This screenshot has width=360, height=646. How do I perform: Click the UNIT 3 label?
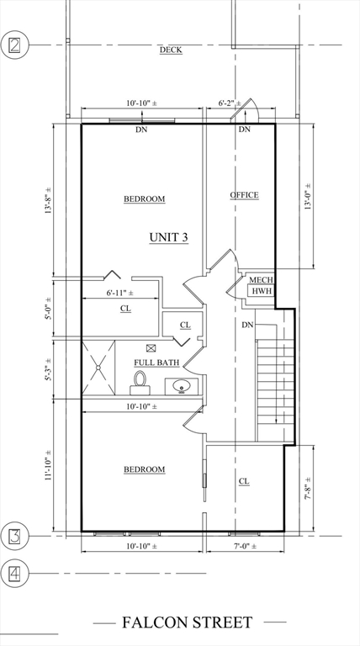[169, 237]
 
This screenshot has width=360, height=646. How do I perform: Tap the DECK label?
[171, 50]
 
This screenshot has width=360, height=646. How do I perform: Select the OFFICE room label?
[244, 195]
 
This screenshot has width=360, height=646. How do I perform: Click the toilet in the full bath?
[140, 384]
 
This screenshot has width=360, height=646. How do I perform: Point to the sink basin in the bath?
[181, 387]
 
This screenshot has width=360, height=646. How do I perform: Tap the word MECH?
[261, 280]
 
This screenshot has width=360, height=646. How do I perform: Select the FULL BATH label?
[156, 363]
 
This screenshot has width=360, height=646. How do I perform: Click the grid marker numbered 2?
[14, 45]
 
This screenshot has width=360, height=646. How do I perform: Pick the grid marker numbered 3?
[14, 536]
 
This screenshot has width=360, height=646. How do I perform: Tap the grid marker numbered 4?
[14, 573]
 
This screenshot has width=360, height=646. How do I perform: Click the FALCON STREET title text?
[187, 622]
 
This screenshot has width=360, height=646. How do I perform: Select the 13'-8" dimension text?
[49, 200]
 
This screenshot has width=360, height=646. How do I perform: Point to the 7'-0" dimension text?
[243, 547]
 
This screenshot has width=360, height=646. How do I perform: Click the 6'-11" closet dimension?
[120, 293]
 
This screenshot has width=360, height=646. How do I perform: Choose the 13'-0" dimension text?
[308, 197]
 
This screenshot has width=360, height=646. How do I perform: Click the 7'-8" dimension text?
[308, 488]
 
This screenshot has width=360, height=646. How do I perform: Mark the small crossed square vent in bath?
[151, 348]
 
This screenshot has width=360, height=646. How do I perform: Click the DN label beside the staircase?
[247, 325]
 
